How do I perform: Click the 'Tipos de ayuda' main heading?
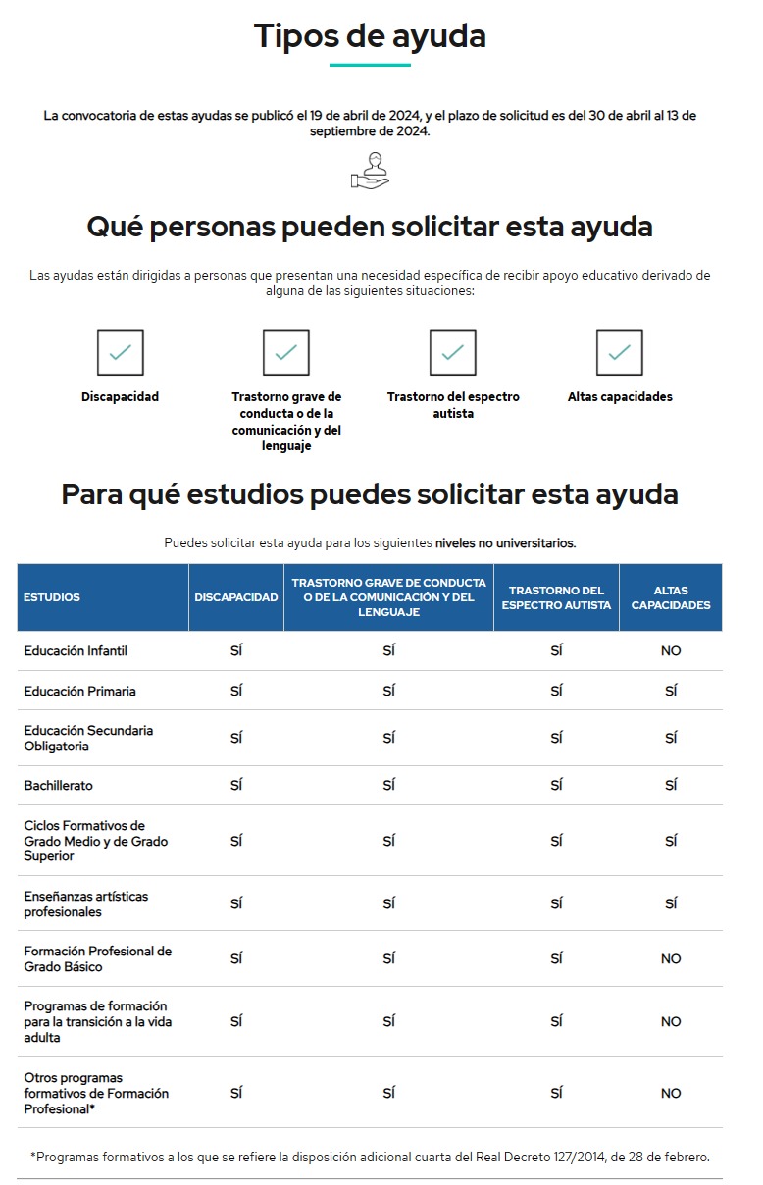pos(370,36)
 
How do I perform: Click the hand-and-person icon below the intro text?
pos(370,170)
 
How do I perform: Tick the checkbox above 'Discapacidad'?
pos(121,352)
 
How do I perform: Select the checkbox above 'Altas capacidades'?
pos(619,352)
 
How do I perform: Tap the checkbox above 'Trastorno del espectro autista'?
pos(452,352)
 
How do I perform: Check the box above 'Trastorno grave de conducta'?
pos(286,352)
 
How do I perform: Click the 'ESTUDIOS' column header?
pos(52,597)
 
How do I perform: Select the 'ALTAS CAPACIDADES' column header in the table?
pos(670,597)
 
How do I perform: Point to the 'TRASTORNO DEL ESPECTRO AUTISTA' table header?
pos(556,597)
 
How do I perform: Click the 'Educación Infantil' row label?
pos(76,650)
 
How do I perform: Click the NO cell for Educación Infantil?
pos(671,651)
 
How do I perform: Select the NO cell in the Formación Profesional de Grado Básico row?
pos(671,959)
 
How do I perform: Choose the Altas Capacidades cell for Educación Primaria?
pos(671,691)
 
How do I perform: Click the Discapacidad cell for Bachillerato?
pos(236,785)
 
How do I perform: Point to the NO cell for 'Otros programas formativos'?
pos(671,1093)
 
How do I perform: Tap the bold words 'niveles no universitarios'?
pos(505,542)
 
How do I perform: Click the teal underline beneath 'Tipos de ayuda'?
pos(370,65)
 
